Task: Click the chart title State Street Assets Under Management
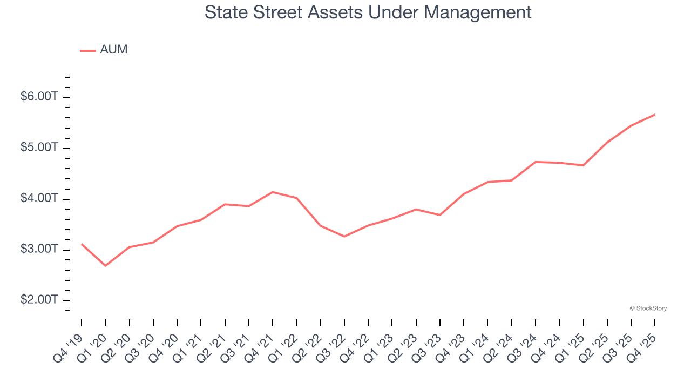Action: (x=368, y=12)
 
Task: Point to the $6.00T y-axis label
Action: (x=39, y=97)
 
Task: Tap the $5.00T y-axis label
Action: (x=39, y=147)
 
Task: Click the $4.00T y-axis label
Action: (x=39, y=198)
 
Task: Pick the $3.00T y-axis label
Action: (x=39, y=249)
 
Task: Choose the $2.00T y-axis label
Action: (x=39, y=300)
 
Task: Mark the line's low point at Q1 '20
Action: (x=105, y=266)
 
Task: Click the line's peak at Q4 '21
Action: (x=273, y=192)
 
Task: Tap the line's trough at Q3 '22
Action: (x=344, y=237)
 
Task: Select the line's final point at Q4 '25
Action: (x=655, y=115)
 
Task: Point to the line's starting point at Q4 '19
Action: (x=82, y=244)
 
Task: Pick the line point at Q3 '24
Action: (x=536, y=162)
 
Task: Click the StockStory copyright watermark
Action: (x=648, y=308)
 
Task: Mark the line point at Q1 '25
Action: (x=583, y=165)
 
